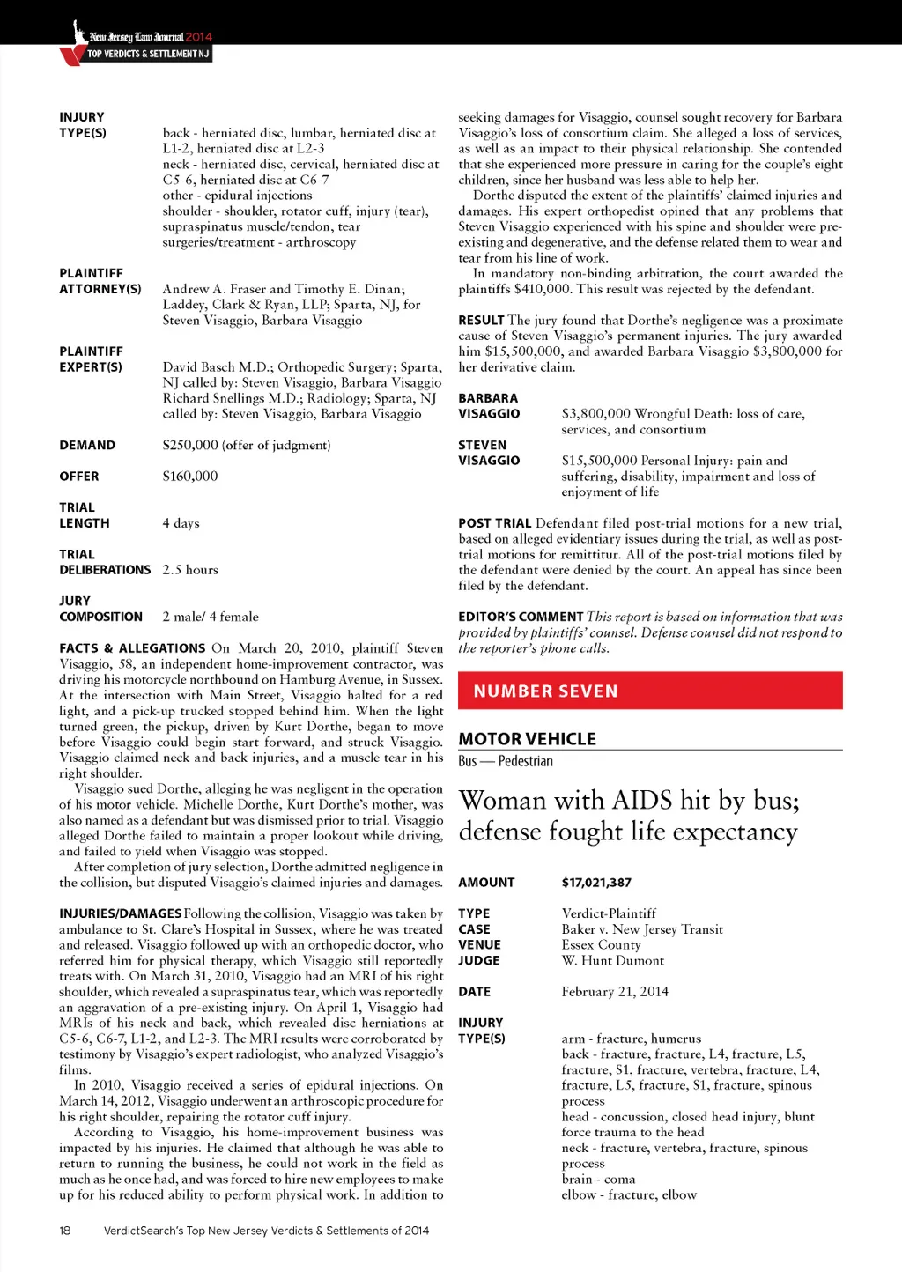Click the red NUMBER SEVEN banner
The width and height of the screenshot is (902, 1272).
[x=650, y=691]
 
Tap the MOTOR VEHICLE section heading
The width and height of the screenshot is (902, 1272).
[x=527, y=739]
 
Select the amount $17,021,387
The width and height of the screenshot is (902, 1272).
[x=596, y=883]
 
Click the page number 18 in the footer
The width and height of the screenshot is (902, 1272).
[x=65, y=1231]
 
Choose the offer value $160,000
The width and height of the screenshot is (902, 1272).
[x=190, y=477]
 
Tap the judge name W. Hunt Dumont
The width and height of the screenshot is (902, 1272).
[x=612, y=961]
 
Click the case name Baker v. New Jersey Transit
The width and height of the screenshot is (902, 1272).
[x=642, y=929]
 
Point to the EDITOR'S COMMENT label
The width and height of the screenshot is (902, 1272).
[x=521, y=617]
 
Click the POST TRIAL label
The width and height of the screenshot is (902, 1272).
[x=494, y=523]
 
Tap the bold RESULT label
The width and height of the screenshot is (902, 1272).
[x=481, y=321]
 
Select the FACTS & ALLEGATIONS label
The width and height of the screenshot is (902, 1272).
[x=132, y=648]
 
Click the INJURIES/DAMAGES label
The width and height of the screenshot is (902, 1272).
[x=121, y=914]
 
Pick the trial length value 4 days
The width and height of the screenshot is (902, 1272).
[x=181, y=523]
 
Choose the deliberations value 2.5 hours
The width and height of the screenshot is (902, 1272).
[x=190, y=570]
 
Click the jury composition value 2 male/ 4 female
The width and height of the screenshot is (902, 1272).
[x=211, y=617]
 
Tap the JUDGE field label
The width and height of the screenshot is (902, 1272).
[x=478, y=961]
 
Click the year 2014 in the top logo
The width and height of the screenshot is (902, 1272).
[x=199, y=37]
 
